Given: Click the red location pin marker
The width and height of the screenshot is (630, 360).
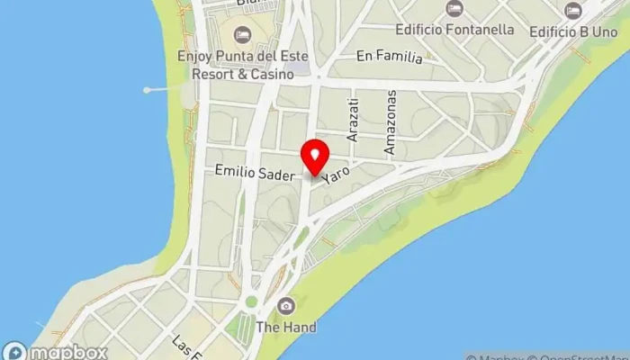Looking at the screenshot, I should coord(315,157).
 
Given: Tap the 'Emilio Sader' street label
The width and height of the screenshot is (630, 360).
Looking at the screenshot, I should coord(255,172).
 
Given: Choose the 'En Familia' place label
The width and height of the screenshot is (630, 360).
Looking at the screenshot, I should coord(389,58).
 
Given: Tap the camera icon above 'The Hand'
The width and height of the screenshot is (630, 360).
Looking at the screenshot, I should coord(286,307).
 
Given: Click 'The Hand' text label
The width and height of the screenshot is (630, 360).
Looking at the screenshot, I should coord(286,328).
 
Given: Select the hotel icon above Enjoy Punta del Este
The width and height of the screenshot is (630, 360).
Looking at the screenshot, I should coord(241,35).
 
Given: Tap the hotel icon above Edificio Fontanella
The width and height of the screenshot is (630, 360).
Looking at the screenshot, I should coord(454,9).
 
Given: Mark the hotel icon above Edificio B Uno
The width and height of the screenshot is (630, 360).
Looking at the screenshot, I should coord(573,10).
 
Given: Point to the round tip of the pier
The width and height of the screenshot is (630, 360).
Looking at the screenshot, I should coord(146,90).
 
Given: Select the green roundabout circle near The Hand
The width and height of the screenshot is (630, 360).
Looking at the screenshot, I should coord(251,302).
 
